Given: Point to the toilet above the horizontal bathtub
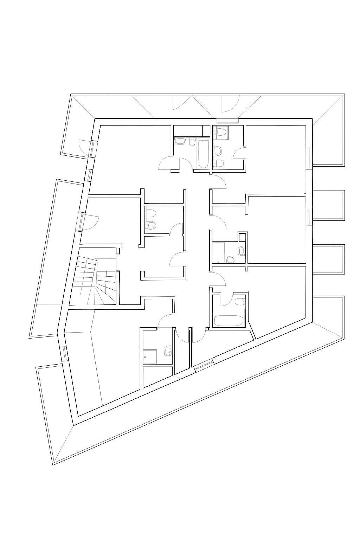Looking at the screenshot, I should coord(239,302).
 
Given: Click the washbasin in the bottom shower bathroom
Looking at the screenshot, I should coord(167,351).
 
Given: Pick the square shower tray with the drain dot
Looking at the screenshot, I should coord(150,356).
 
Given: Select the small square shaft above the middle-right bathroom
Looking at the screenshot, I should coord(242,237).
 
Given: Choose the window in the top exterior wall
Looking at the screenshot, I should coord(227,121).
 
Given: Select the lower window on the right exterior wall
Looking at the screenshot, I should coord(309,216).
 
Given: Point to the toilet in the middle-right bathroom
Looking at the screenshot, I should coord(231,259).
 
